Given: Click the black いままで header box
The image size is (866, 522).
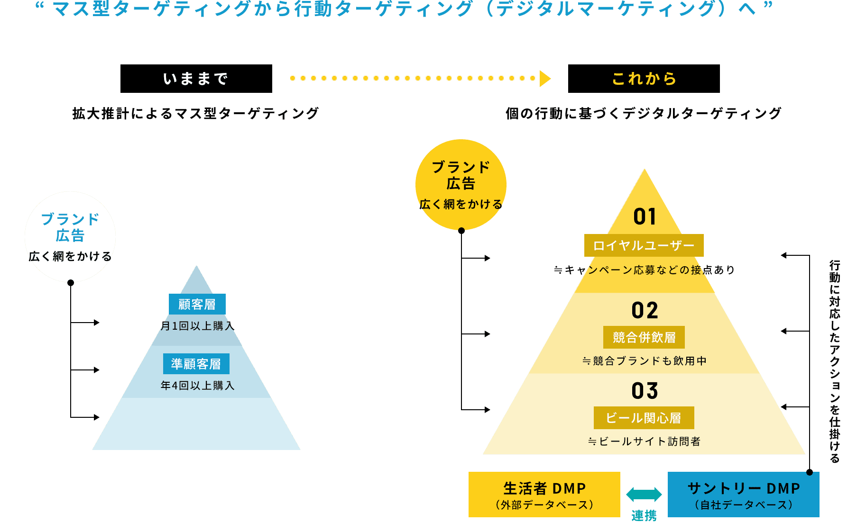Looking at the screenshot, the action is click(x=196, y=79).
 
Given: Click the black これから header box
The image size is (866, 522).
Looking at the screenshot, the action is click(x=644, y=79).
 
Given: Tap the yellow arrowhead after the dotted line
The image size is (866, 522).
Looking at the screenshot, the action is click(x=545, y=79).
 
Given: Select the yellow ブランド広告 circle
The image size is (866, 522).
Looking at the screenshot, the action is click(x=461, y=185).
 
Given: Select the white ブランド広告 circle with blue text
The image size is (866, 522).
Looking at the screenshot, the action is click(x=70, y=237).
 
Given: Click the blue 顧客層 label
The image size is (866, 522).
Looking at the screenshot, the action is click(x=197, y=304).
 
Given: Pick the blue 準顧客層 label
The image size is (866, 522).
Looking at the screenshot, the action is click(x=196, y=364).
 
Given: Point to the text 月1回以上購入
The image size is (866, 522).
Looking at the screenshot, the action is click(x=197, y=326).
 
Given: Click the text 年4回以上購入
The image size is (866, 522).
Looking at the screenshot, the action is click(x=197, y=386).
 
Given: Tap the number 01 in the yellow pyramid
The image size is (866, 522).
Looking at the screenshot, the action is click(x=645, y=216).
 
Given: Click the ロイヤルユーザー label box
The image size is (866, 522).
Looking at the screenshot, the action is click(x=644, y=245).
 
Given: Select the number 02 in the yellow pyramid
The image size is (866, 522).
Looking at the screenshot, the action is click(x=645, y=311).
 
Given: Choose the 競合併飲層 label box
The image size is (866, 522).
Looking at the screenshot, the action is click(x=644, y=337).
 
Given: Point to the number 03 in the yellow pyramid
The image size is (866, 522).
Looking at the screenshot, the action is click(x=645, y=391).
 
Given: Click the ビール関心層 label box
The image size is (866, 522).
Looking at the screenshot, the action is click(x=644, y=418).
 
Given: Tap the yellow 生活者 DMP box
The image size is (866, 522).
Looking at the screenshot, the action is click(x=544, y=495).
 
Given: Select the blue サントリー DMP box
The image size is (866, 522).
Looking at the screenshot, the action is click(x=744, y=495).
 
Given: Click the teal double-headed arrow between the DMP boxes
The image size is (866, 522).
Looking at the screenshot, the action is click(x=644, y=495).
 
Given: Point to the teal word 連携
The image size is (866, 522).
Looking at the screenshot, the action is click(x=644, y=515).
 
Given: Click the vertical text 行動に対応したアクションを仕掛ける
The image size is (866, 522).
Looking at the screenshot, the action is click(x=835, y=361).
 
